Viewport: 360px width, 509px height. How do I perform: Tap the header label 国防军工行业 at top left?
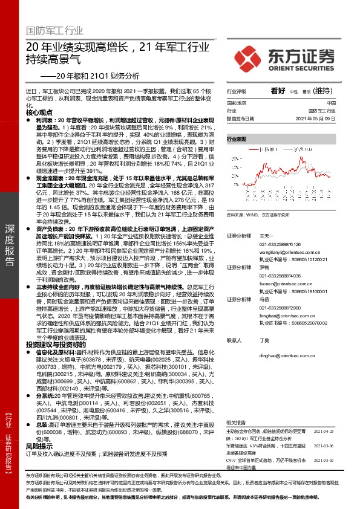pos(54,30)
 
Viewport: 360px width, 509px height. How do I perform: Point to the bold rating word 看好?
pos(278,90)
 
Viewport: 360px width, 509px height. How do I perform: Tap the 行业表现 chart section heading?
pos(237,140)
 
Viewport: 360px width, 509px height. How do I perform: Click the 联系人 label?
pos(234,340)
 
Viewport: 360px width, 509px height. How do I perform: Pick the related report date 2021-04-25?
pos(324,432)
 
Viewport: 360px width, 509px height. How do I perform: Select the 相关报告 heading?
pos(235,422)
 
